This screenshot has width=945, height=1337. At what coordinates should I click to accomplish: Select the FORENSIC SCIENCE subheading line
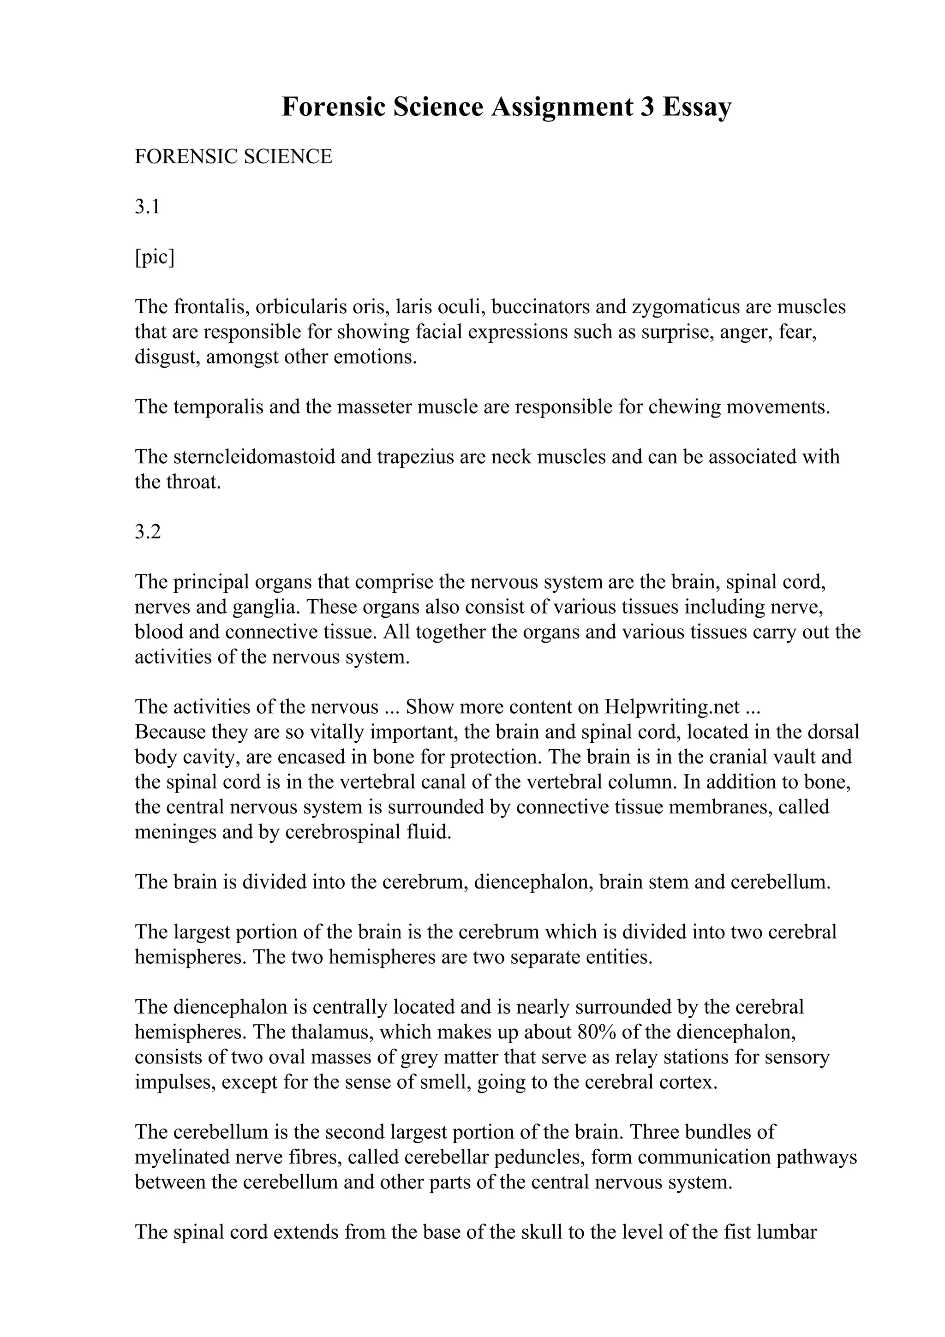point(233,157)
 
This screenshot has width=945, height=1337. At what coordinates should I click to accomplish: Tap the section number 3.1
point(147,207)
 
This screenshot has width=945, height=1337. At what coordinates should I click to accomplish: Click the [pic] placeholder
point(154,257)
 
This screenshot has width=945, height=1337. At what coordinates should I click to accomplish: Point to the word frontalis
point(211,307)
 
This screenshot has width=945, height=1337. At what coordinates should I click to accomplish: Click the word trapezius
point(415,457)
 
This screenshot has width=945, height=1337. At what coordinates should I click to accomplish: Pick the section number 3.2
point(147,531)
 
